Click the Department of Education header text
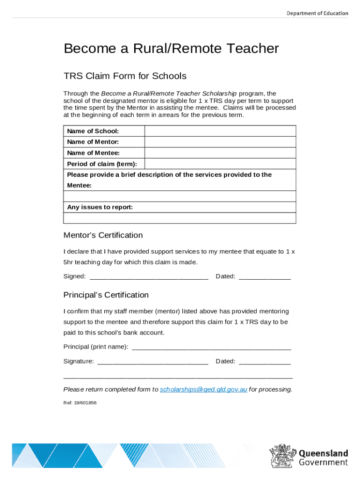tap(317, 13)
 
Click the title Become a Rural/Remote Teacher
tap(171, 49)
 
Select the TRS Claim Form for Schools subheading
tap(125, 76)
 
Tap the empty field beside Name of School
tap(220, 131)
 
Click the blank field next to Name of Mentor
tap(220, 142)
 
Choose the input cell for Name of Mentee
tap(220, 153)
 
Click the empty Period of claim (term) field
tap(220, 164)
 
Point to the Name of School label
tap(93, 131)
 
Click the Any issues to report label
tap(100, 207)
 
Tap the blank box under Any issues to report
tap(179, 218)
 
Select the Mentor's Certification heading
tap(103, 235)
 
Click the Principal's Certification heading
tap(106, 295)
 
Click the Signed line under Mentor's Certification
tap(149, 277)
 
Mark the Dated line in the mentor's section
tap(265, 277)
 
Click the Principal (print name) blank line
tap(212, 347)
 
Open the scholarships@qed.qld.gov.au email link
tap(203, 390)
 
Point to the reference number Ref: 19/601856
tap(80, 402)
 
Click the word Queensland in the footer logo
tap(323, 453)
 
